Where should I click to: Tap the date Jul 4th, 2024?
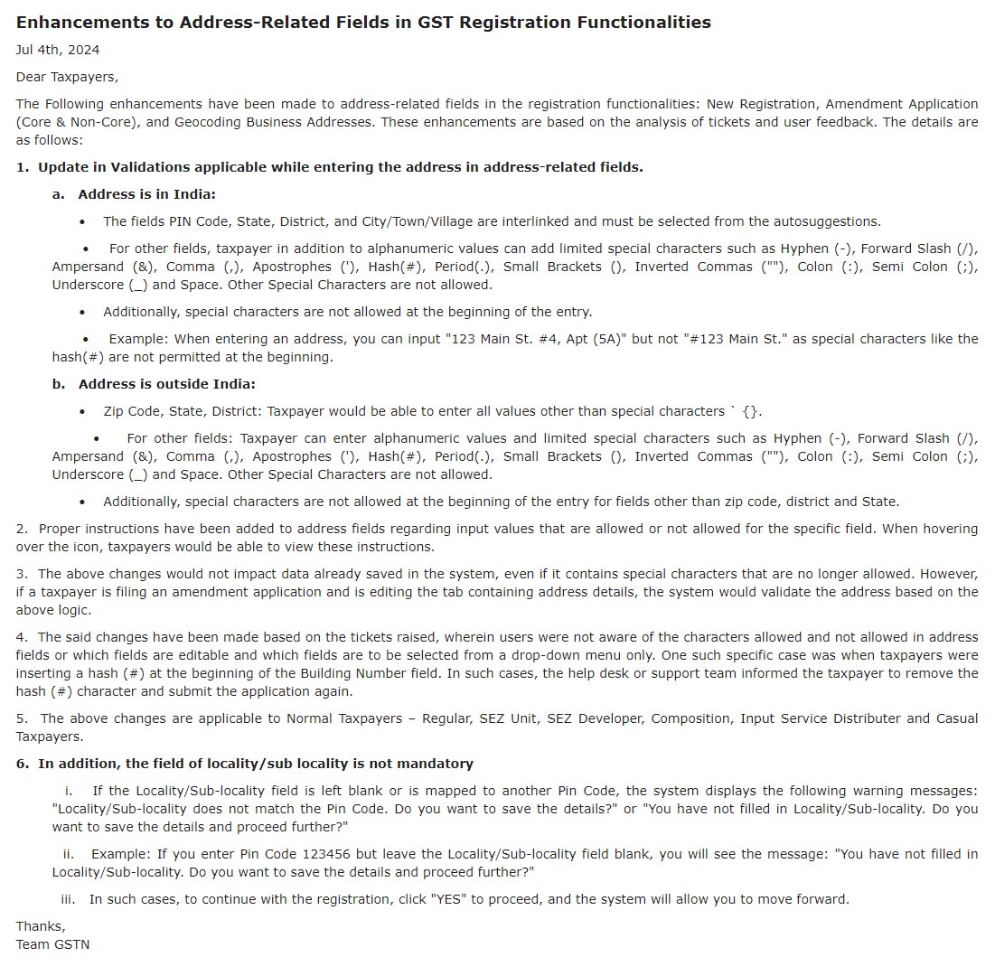(x=58, y=50)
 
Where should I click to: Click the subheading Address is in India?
(x=146, y=194)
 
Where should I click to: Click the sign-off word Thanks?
(x=40, y=926)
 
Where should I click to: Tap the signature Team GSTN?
(x=52, y=944)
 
